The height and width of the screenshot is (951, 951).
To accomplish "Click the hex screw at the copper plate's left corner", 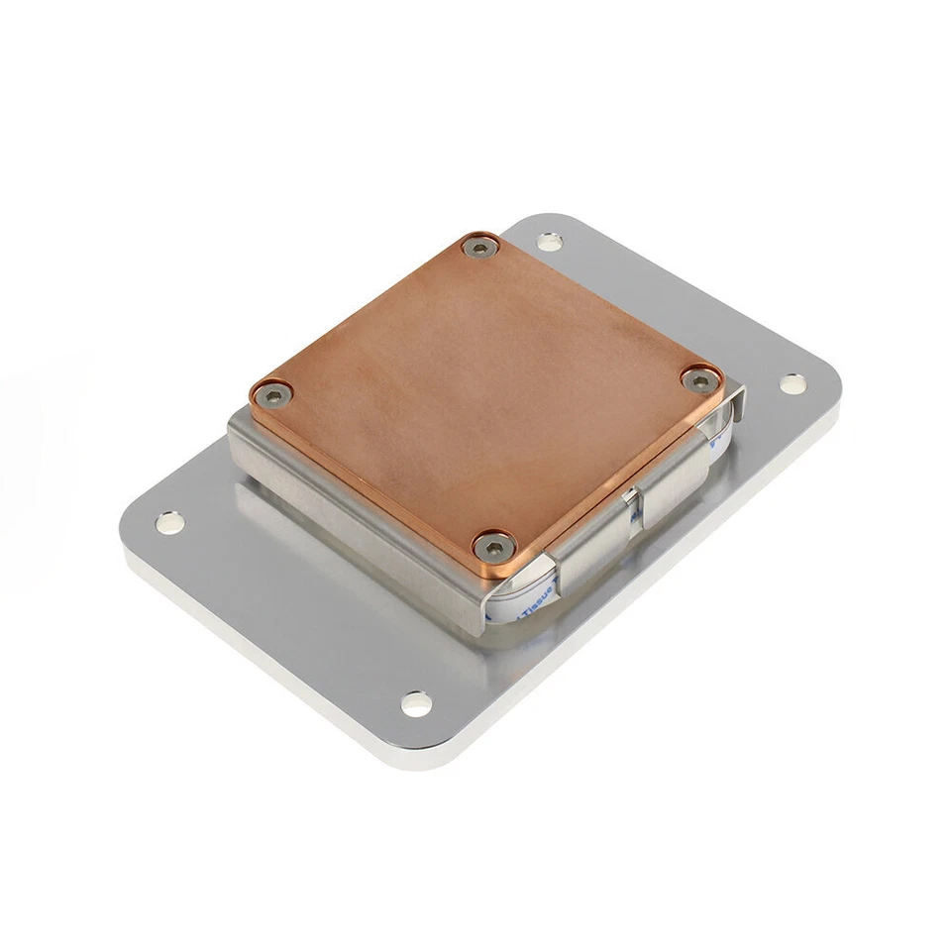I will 272,395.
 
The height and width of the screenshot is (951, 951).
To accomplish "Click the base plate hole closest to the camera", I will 416,704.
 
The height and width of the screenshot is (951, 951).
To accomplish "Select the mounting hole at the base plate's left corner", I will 169,521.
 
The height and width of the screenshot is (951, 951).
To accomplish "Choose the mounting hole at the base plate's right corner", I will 792,382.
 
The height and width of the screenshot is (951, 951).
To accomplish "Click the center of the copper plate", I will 485,391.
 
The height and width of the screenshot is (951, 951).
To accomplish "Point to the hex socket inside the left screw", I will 272,395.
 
